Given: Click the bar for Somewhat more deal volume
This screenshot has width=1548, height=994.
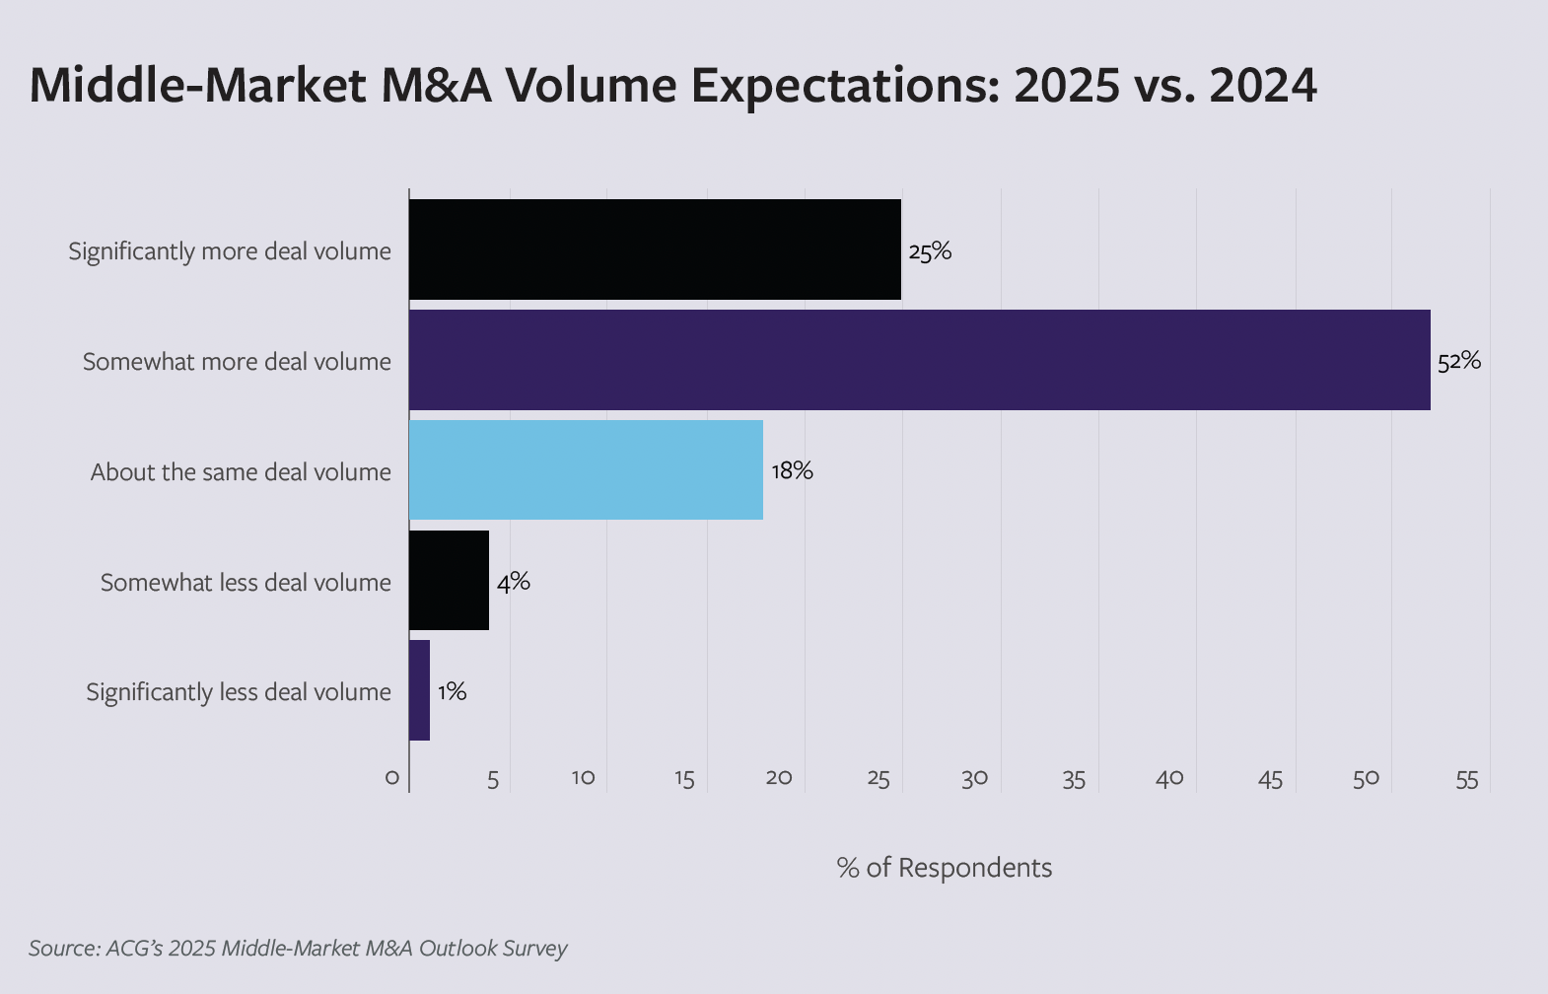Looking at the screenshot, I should (x=919, y=360).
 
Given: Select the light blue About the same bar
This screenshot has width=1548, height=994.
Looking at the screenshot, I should (x=586, y=470).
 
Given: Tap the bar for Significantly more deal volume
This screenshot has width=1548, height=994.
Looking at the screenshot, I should (x=655, y=249).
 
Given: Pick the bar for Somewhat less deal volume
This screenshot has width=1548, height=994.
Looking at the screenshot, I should (x=449, y=581).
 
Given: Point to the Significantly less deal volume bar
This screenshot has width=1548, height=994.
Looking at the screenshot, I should (x=419, y=690).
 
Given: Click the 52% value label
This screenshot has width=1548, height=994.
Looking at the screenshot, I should (x=1458, y=361).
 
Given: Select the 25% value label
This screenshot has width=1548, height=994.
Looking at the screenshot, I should (x=930, y=251).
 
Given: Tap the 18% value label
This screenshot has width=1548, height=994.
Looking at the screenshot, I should (x=792, y=470).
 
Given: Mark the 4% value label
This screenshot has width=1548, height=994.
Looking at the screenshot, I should (x=513, y=582).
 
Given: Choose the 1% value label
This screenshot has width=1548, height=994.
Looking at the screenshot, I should (x=452, y=691).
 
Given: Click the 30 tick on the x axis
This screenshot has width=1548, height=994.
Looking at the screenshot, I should (x=974, y=779).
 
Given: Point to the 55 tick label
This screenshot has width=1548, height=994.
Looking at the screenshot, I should (x=1466, y=780).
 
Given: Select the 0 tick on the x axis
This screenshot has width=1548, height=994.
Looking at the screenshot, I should (x=392, y=779).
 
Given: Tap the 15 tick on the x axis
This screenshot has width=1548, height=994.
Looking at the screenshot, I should (x=684, y=780).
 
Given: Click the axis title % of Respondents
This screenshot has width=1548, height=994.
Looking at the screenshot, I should (x=944, y=868).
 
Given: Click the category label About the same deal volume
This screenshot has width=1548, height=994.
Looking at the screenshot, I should (x=241, y=472).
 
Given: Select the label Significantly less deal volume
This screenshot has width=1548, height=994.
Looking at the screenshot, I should (x=238, y=692).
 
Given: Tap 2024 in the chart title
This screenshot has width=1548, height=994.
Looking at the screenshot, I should (x=1262, y=86).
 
